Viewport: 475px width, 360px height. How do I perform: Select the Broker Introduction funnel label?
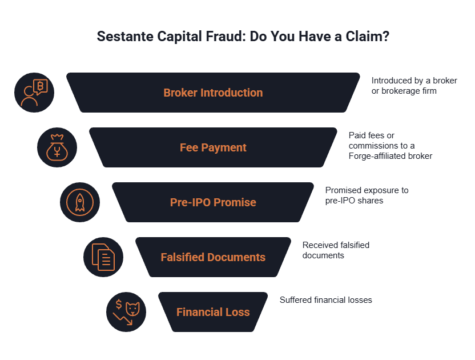tap(213, 93)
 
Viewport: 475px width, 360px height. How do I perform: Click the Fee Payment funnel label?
tap(213, 147)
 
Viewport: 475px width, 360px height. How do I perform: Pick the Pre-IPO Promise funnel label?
tap(213, 202)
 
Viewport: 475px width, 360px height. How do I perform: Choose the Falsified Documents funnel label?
tap(213, 257)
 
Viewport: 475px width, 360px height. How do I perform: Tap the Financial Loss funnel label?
tap(213, 312)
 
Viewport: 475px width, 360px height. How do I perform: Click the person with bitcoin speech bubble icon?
tap(34, 93)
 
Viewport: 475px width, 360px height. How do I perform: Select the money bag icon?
tap(57, 147)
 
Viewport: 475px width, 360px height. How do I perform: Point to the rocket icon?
tap(80, 202)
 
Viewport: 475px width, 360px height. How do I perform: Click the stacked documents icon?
tap(103, 257)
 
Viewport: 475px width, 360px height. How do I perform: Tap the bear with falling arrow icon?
tap(126, 312)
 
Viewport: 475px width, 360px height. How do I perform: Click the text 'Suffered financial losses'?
tap(325, 300)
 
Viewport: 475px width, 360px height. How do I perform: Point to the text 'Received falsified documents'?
tap(336, 250)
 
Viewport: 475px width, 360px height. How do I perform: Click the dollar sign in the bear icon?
tap(119, 304)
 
